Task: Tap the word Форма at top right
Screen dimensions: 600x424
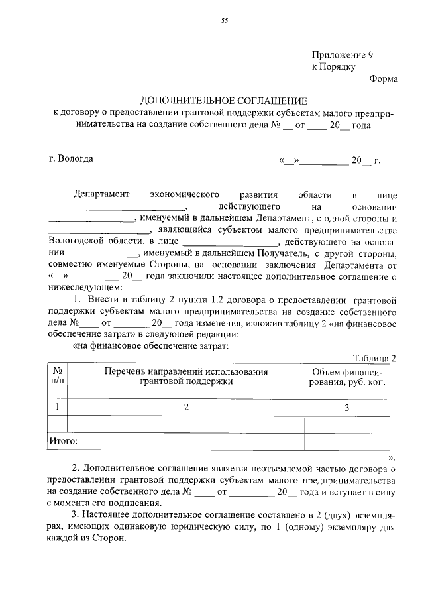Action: point(384,79)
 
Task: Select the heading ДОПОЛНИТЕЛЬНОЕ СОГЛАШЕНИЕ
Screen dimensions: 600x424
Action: point(223,101)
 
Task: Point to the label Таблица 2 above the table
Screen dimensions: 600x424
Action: point(374,358)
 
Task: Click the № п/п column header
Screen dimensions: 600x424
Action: point(58,377)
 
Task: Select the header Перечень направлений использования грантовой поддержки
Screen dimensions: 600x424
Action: point(186,377)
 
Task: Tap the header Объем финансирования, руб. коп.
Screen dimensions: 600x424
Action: point(346,377)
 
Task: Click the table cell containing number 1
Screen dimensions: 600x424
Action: point(58,406)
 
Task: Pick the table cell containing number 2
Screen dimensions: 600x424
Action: point(186,407)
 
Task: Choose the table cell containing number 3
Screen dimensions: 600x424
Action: point(346,407)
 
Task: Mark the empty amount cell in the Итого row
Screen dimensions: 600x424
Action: point(346,440)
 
